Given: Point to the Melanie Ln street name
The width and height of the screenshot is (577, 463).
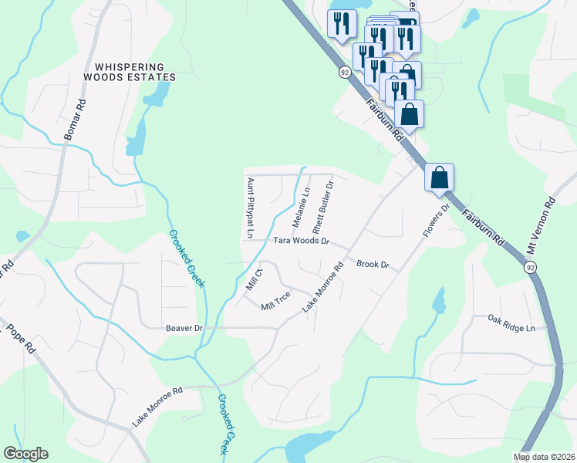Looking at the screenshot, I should click(300, 207).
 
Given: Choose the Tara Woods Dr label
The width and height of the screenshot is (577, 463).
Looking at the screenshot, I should click(301, 241).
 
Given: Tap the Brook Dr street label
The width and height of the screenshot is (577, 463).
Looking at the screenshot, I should click(373, 265).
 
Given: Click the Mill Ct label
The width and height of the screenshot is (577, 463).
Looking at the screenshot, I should click(255, 279).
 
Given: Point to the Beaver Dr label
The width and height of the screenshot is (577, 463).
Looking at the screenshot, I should click(184, 328).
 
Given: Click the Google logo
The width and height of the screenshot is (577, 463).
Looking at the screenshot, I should click(25, 454).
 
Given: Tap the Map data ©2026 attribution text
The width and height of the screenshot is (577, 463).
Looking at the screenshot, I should click(545, 457).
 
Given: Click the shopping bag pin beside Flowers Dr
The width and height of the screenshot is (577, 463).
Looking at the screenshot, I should click(439, 177).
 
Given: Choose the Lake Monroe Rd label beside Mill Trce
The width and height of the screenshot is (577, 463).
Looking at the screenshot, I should click(322, 288).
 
